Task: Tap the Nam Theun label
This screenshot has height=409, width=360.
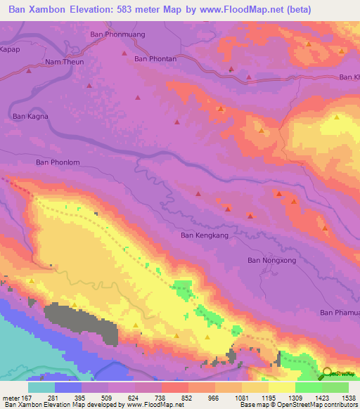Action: click(x=64, y=62)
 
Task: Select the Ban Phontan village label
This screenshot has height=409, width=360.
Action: click(x=155, y=59)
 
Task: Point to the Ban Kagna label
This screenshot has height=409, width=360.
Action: click(x=30, y=117)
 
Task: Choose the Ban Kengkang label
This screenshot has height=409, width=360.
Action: click(x=205, y=235)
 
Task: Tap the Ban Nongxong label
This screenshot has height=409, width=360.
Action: click(x=271, y=261)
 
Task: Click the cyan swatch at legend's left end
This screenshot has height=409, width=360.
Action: click(x=41, y=387)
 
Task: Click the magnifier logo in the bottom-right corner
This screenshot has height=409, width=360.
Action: click(x=328, y=374)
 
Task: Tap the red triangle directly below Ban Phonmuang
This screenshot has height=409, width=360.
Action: click(x=124, y=53)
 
